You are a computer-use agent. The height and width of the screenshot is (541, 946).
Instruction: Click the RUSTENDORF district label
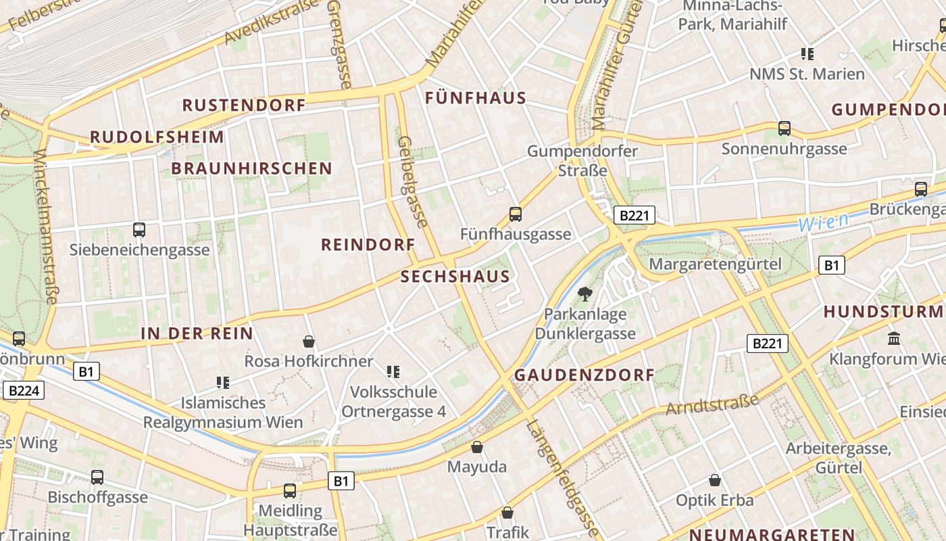(x=244, y=105)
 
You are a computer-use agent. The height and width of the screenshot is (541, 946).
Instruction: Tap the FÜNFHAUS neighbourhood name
(x=476, y=98)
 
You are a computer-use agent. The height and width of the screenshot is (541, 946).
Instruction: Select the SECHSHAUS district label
(x=455, y=277)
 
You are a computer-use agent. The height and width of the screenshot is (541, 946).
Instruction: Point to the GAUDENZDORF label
(x=584, y=375)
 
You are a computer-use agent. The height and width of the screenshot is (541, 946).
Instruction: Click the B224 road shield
(x=26, y=390)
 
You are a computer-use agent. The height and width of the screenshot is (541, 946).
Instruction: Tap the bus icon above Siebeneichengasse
(x=139, y=229)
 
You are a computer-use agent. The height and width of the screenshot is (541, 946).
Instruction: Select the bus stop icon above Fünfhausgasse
(x=516, y=214)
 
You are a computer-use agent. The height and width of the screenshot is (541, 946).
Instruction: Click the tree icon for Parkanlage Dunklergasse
(x=584, y=293)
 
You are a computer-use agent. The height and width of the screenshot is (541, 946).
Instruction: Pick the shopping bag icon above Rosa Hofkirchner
(x=309, y=342)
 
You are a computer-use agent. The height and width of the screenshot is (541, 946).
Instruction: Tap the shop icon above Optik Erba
(x=715, y=481)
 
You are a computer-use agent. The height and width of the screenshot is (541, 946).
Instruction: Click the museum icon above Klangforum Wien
(x=894, y=338)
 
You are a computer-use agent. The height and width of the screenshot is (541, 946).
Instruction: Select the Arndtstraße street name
(x=712, y=404)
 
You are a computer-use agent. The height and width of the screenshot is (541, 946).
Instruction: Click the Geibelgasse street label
(x=412, y=182)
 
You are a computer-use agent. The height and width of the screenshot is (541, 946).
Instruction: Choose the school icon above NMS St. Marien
(x=807, y=53)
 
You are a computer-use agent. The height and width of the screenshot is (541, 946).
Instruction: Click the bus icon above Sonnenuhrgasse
(x=785, y=128)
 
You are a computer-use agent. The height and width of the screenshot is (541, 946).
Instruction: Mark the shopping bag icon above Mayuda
(x=477, y=447)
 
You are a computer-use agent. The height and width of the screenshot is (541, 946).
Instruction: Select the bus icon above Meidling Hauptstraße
(x=290, y=490)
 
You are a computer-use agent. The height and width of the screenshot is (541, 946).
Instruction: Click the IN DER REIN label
(x=197, y=333)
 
